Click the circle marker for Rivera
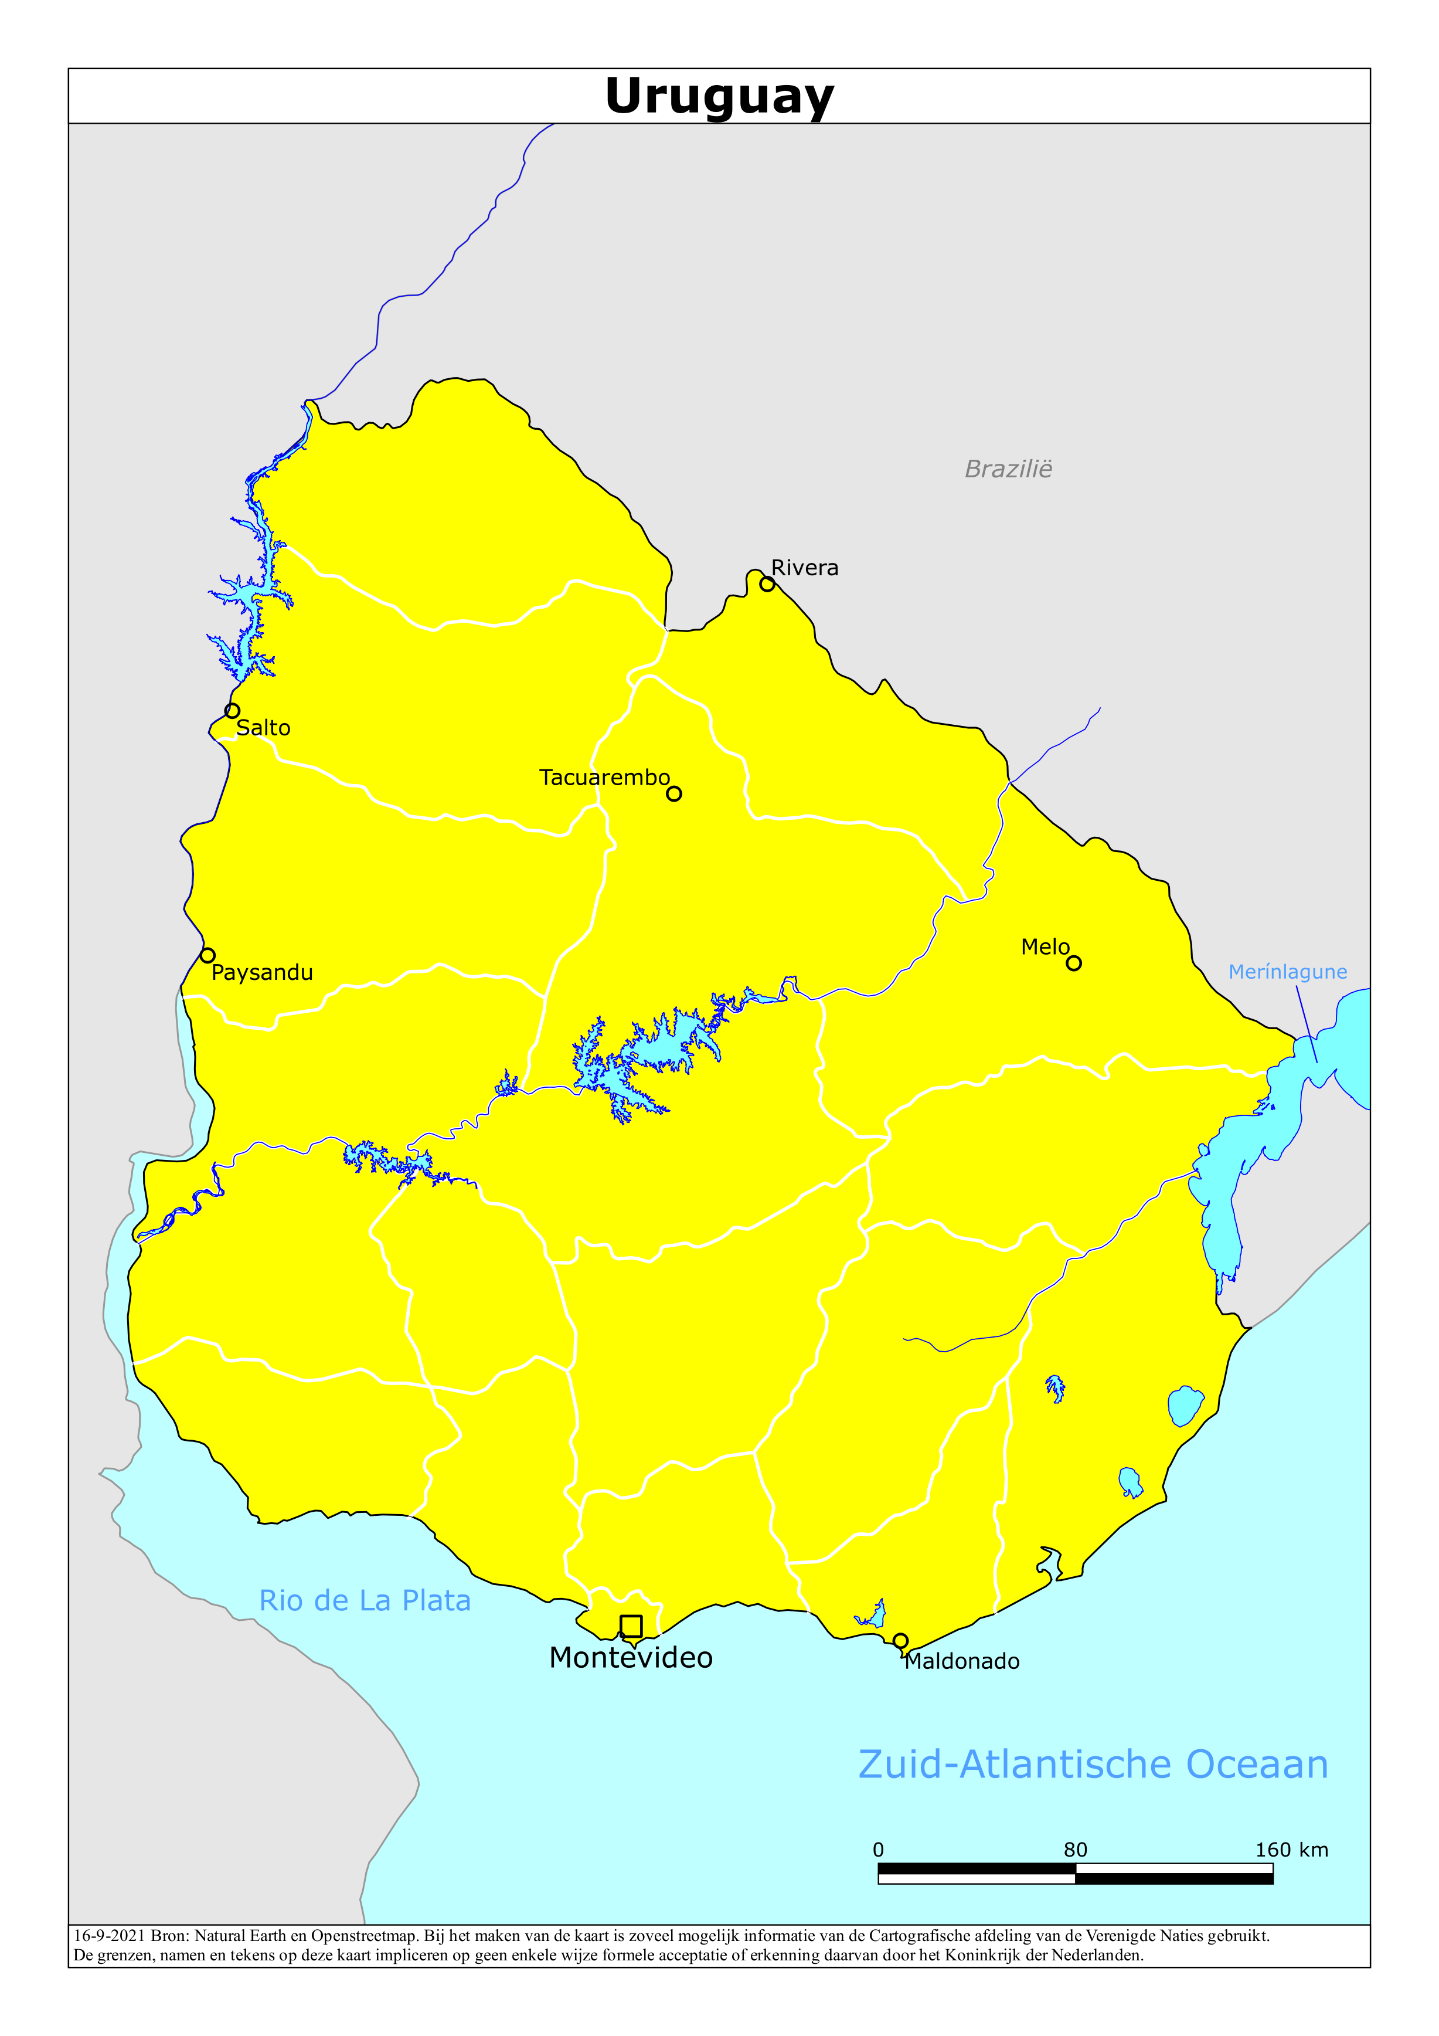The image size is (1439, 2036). click(x=767, y=585)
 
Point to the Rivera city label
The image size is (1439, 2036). click(x=804, y=568)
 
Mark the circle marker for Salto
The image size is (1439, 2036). click(x=232, y=710)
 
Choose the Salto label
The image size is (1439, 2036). click(x=263, y=728)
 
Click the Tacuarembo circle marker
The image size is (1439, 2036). click(x=674, y=793)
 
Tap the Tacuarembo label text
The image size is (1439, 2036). click(x=605, y=778)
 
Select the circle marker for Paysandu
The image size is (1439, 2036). click(x=207, y=955)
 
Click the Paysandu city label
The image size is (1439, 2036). click(x=263, y=973)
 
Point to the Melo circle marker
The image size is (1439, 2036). click(x=1074, y=963)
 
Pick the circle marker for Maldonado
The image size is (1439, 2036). click(x=901, y=1641)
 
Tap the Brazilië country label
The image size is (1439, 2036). click(x=1008, y=469)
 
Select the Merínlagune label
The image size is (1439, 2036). click(x=1287, y=972)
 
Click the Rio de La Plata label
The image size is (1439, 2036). click(x=365, y=1601)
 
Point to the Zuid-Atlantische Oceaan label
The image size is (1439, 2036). click(x=1093, y=1764)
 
